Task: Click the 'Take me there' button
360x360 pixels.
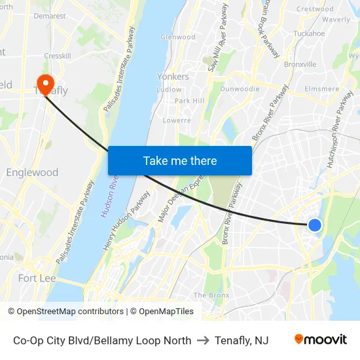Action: click(x=180, y=160)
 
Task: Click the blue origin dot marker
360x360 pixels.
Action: click(x=315, y=225)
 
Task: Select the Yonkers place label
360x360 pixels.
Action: click(x=173, y=77)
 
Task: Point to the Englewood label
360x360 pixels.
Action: click(x=32, y=173)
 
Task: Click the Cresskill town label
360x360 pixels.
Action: click(x=58, y=56)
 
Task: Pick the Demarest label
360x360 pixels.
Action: click(x=50, y=16)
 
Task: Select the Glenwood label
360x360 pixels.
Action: click(x=178, y=37)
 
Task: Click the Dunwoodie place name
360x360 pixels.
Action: click(x=240, y=89)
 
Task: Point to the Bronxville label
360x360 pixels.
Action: click(x=300, y=65)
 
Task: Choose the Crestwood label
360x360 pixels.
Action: click(x=315, y=9)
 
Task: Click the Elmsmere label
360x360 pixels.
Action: click(x=321, y=89)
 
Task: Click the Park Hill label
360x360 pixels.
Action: click(x=190, y=101)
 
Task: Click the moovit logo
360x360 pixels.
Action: click(x=321, y=340)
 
